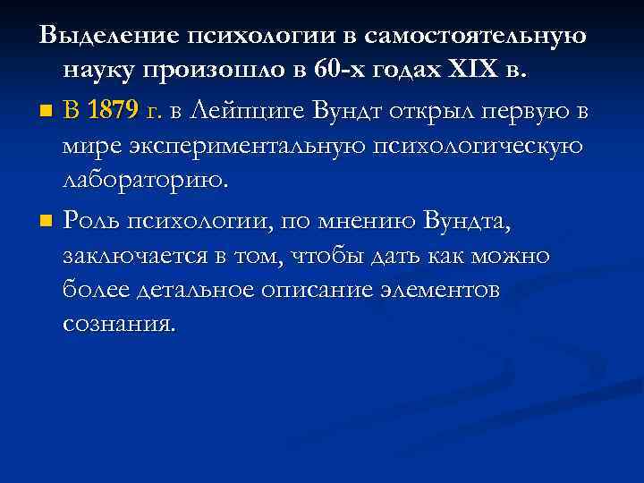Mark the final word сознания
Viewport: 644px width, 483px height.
[119, 325]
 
